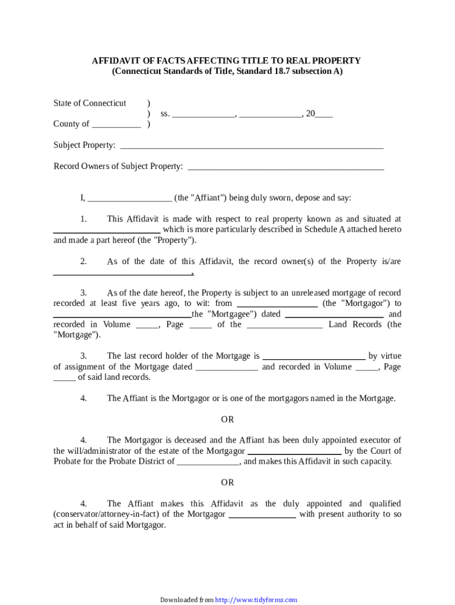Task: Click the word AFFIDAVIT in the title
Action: pyautogui.click(x=116, y=61)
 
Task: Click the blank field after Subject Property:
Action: pyautogui.click(x=252, y=146)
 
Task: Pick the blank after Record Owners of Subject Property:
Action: pyautogui.click(x=285, y=167)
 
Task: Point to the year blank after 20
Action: pyautogui.click(x=324, y=115)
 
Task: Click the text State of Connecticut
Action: pyautogui.click(x=90, y=103)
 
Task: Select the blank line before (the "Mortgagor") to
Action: pyautogui.click(x=277, y=304)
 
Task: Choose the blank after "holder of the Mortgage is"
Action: pyautogui.click(x=313, y=357)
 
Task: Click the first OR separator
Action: pyautogui.click(x=227, y=419)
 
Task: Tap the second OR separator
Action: pyautogui.click(x=227, y=483)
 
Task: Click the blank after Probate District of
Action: pyautogui.click(x=208, y=462)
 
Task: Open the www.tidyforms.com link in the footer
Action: pyautogui.click(x=256, y=600)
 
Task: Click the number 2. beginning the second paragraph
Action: pyautogui.click(x=83, y=262)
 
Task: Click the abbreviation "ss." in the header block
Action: pyautogui.click(x=165, y=114)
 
